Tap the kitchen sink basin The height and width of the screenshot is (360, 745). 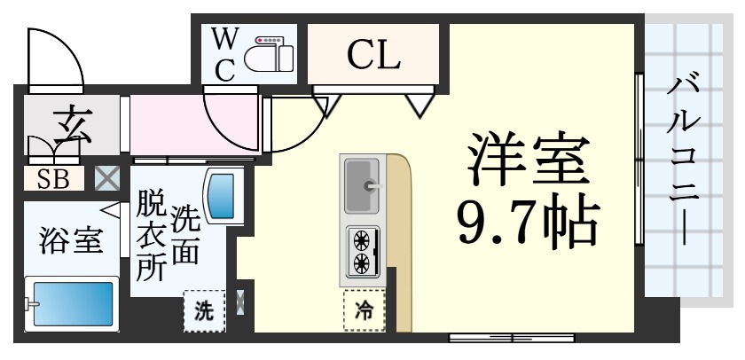(362, 184)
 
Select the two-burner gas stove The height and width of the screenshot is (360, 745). (362, 251)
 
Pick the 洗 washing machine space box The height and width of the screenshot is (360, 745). (204, 311)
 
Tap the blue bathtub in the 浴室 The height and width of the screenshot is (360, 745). (70, 305)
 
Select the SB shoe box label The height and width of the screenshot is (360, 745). (53, 178)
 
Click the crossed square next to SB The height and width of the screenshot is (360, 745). (107, 177)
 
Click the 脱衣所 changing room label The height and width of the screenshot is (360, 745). (150, 239)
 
